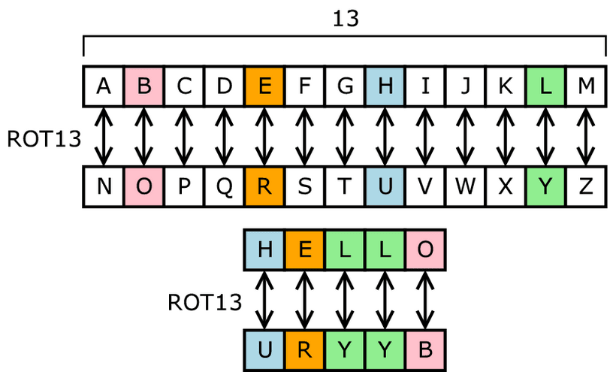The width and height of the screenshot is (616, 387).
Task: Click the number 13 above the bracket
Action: pos(345,19)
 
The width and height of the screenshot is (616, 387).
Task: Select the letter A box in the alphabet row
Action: pos(104,86)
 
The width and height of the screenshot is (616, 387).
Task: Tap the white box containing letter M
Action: pos(586,86)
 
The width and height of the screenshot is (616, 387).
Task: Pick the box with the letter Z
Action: pos(586,187)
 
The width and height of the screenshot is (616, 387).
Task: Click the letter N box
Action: pos(104,187)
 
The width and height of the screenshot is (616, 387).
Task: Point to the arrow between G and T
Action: pos(345,137)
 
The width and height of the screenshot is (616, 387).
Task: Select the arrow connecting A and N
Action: pos(104,137)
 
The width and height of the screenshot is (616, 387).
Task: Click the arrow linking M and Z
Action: pos(586,137)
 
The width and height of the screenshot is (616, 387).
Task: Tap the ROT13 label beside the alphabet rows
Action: pos(43,138)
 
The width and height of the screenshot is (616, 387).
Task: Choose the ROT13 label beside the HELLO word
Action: pos(204,302)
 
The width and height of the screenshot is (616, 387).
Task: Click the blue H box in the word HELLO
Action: pos(264,249)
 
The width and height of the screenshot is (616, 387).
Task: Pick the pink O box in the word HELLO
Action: pos(425,249)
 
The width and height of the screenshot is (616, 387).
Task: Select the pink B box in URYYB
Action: pos(425,350)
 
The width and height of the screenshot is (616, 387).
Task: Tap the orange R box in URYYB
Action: pos(305,350)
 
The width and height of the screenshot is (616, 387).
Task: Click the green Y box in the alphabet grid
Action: pos(546,187)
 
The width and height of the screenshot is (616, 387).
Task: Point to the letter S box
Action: pos(305,187)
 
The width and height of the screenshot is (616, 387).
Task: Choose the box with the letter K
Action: pos(506,86)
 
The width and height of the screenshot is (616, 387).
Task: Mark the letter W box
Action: pos(466,187)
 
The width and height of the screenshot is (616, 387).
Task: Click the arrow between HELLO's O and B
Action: pos(425,300)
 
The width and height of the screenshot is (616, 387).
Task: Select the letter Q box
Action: pos(225,187)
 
